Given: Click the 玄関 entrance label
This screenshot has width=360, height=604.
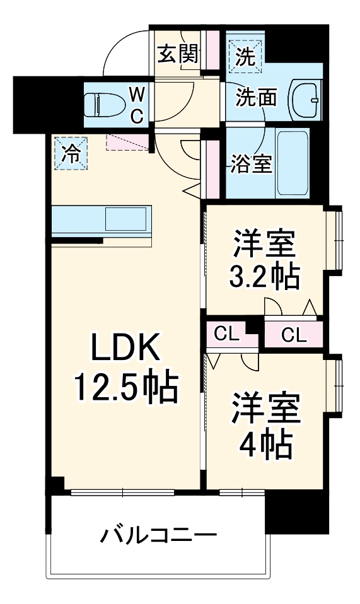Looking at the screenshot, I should tap(178, 54).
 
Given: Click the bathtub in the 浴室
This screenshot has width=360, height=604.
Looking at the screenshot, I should tap(293, 164).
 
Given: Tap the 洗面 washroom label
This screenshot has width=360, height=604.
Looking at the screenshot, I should tap(257, 98).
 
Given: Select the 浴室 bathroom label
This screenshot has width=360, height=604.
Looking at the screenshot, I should tap(252, 164).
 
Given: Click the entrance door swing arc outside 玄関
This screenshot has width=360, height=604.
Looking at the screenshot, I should tap(126, 50).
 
